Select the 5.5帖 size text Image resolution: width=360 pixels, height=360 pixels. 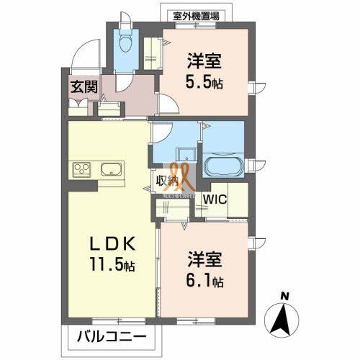(x=204, y=81)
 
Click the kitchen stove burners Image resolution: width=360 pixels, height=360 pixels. (x=81, y=171)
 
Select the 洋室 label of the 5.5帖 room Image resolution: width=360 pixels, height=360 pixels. (x=205, y=60)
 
